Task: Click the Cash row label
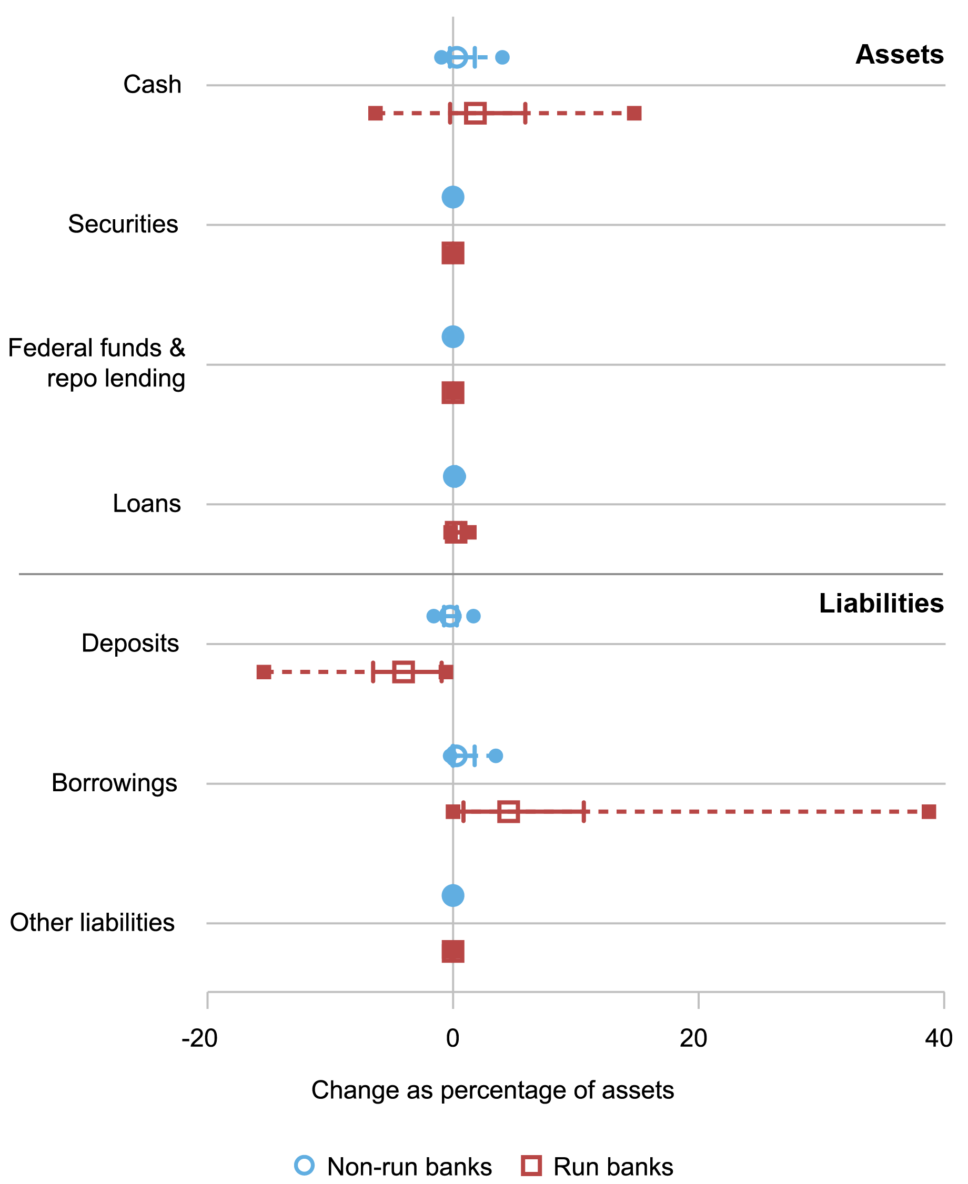[152, 85]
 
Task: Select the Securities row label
[123, 224]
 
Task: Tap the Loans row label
[147, 504]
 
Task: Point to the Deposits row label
[130, 644]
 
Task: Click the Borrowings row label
[114, 783]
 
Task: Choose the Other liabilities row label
[92, 923]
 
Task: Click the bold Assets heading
[899, 55]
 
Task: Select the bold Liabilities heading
[881, 604]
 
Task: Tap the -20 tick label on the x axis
[199, 1038]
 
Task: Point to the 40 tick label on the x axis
[939, 1038]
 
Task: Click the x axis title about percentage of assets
[492, 1090]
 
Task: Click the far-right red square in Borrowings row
[929, 812]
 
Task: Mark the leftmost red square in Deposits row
[264, 672]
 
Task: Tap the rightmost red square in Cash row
[634, 114]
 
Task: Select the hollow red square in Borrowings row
[509, 812]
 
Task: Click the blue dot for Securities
[453, 197]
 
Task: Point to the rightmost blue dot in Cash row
[502, 57]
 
